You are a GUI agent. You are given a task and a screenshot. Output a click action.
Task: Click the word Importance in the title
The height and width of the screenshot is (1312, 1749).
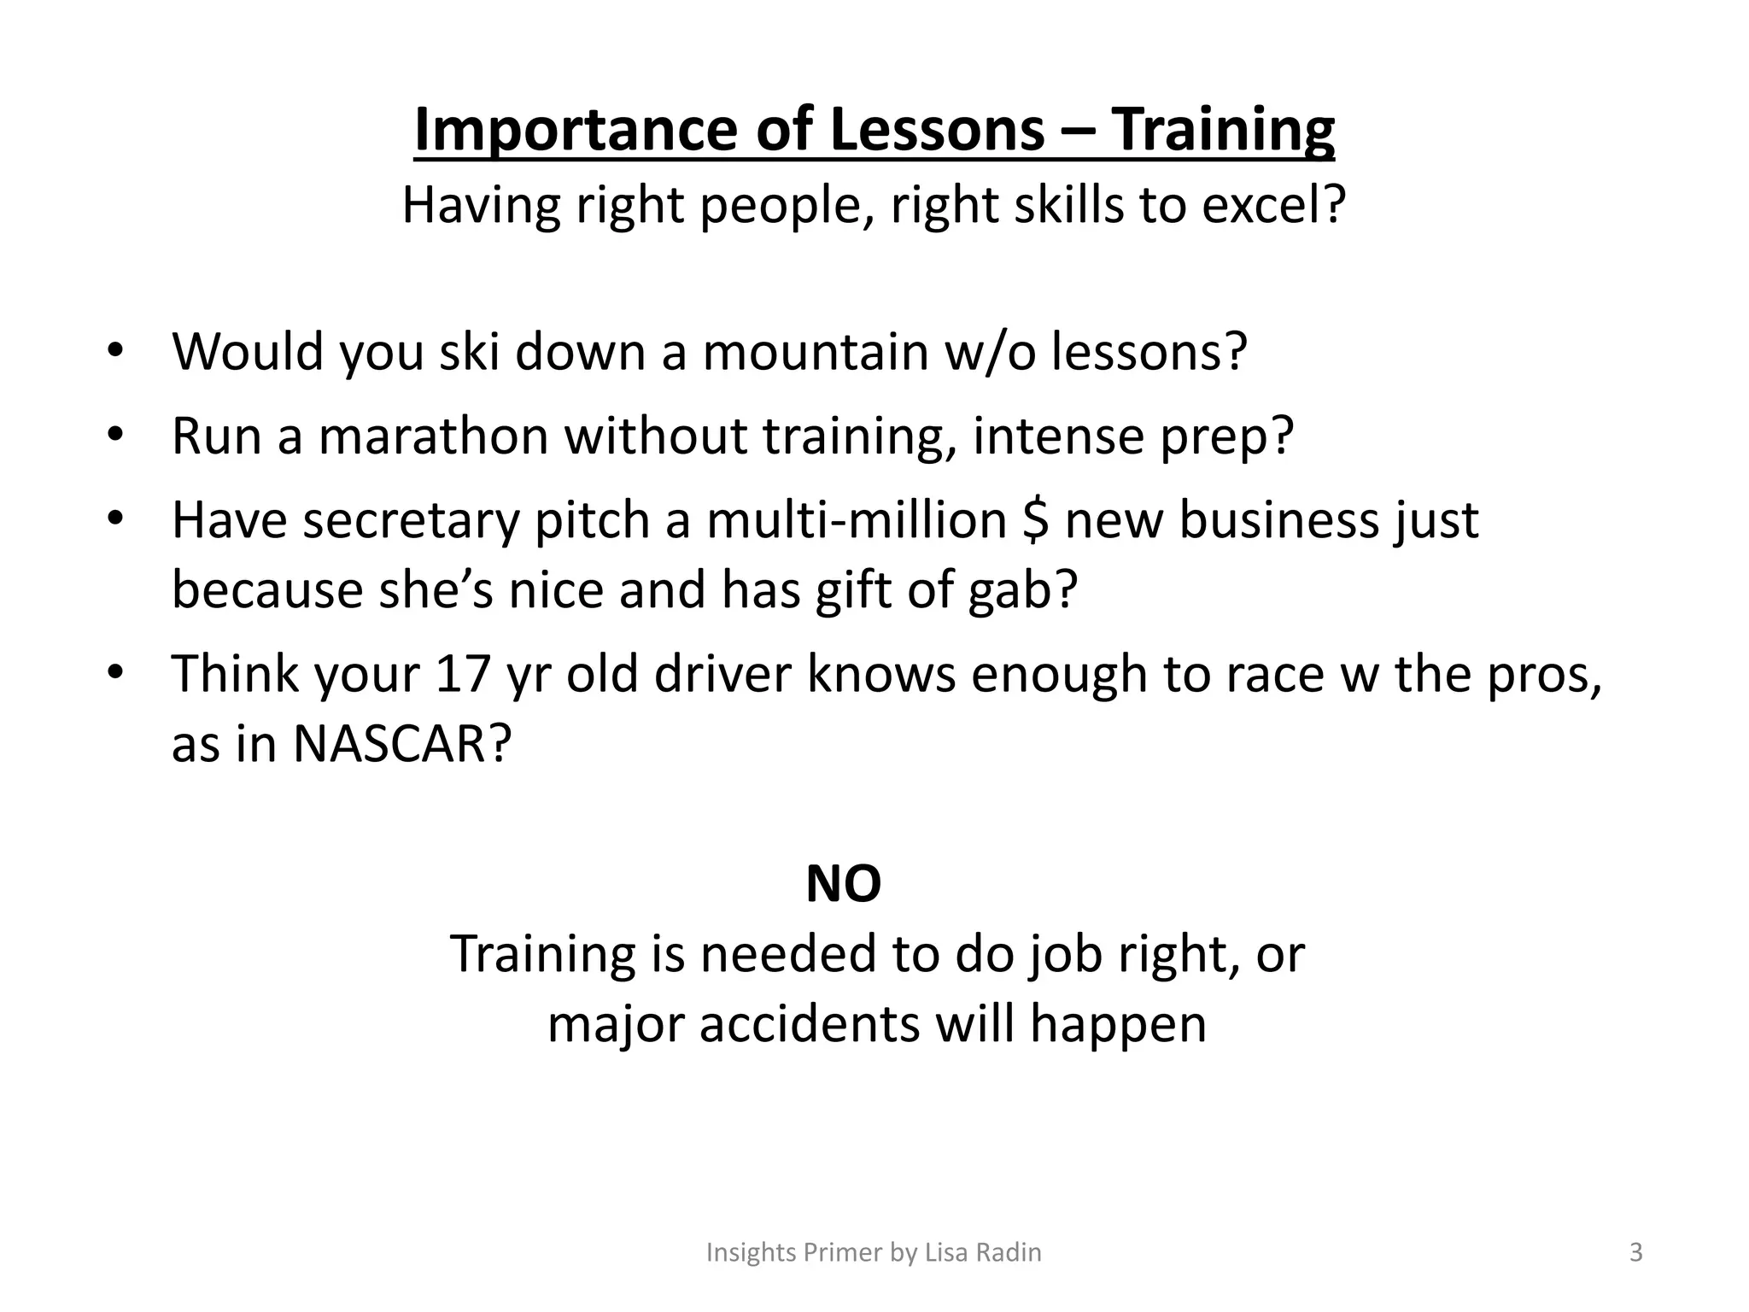pos(575,130)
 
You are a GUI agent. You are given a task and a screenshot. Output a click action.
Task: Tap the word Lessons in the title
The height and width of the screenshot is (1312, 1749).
pos(937,130)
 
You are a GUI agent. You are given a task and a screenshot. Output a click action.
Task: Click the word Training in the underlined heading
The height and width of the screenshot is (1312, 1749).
pos(1222,130)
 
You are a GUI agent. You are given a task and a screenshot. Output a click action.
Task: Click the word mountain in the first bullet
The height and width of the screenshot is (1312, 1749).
pos(815,351)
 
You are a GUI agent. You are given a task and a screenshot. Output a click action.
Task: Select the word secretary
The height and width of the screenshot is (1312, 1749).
pos(410,520)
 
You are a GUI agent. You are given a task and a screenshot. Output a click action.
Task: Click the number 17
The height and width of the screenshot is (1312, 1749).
pos(462,674)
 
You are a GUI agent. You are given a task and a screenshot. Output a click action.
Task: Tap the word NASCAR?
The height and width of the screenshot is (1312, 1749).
pos(401,744)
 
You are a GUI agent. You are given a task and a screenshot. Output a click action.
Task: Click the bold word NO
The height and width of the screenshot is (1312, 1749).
pos(843,884)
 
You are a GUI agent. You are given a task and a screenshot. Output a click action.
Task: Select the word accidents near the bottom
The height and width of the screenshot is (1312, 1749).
pos(810,1023)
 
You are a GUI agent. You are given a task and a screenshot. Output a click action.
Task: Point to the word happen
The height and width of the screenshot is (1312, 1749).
pos(1118,1023)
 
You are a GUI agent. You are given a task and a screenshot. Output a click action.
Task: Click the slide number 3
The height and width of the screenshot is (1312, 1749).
pos(1635,1252)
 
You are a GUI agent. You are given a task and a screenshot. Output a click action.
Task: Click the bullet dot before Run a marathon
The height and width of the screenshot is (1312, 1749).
pos(116,436)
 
